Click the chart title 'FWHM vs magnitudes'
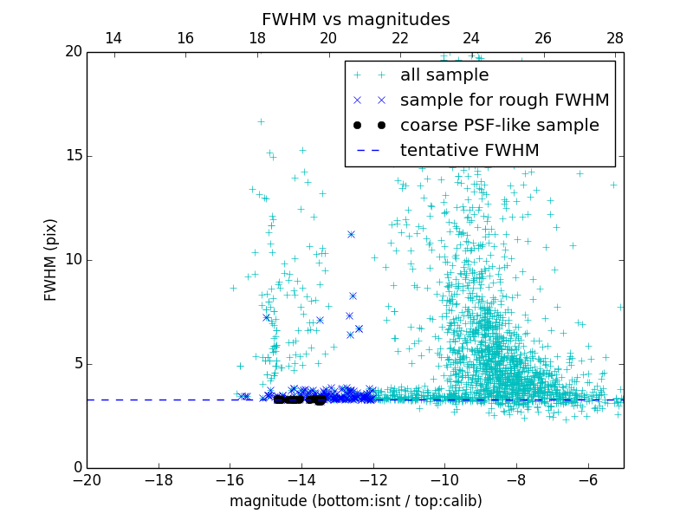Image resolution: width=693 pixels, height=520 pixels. (355, 19)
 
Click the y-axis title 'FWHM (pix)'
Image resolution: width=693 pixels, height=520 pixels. (51, 259)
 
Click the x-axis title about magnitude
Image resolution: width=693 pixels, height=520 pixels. (355, 501)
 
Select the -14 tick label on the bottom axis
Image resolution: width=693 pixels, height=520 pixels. (301, 478)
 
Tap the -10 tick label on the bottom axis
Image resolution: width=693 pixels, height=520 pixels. (444, 478)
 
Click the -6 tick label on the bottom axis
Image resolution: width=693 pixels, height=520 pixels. (587, 478)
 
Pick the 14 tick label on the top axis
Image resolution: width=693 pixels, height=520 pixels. (113, 38)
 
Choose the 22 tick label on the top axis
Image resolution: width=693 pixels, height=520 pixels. (399, 38)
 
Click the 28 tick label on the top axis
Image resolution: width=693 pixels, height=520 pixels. (614, 38)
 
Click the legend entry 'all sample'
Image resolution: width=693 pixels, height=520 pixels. (444, 75)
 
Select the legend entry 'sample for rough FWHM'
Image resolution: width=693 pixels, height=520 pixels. (504, 101)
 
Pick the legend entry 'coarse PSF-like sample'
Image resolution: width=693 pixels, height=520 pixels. (499, 126)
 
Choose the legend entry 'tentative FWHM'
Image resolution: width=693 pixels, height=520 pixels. (469, 151)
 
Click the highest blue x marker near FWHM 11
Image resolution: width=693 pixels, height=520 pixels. (351, 234)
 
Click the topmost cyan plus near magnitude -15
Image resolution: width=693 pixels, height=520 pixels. (261, 121)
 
